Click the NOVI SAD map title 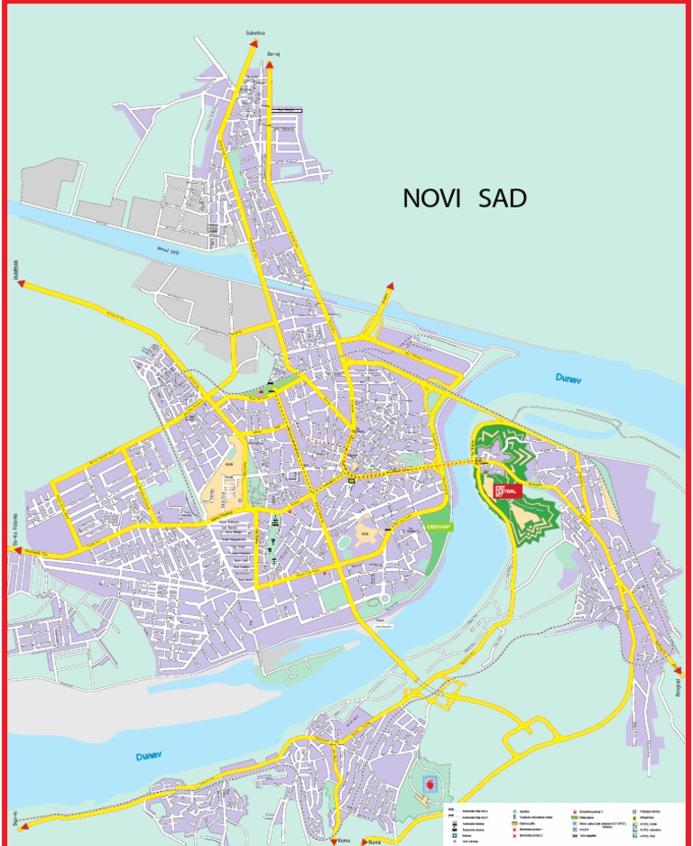point(464,199)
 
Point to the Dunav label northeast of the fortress point(568,380)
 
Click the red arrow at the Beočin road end point(23,824)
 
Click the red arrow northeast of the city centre point(390,286)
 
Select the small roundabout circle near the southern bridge point(385,599)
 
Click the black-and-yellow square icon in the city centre point(352,481)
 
